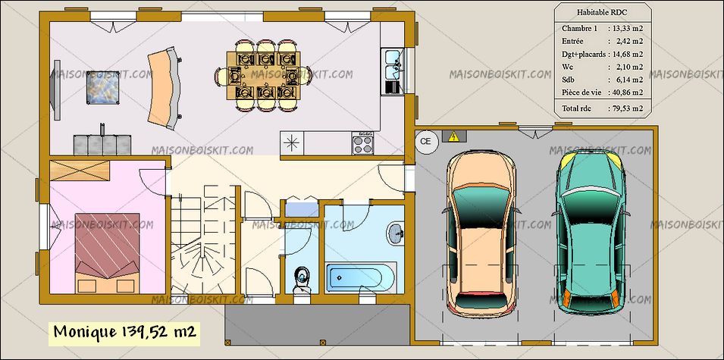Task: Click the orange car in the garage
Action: (x=480, y=234)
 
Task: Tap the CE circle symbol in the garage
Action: (x=426, y=142)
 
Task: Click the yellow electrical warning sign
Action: (x=454, y=136)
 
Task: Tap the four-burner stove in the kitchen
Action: (x=362, y=143)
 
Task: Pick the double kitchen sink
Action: (x=392, y=64)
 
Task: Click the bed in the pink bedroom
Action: (x=108, y=252)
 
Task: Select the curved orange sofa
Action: (x=165, y=88)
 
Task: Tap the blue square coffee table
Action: (x=102, y=88)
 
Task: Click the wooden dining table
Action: (x=264, y=75)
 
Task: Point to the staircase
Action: (x=202, y=240)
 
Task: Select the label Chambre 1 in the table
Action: (x=579, y=29)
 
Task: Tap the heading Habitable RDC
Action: (x=602, y=12)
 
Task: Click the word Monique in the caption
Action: (x=86, y=332)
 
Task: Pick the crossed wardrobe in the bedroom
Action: (x=80, y=171)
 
